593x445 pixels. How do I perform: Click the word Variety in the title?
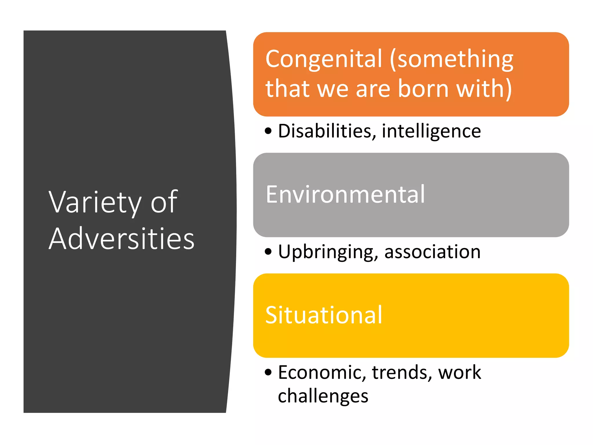[x=95, y=202]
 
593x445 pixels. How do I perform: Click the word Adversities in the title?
[x=122, y=239]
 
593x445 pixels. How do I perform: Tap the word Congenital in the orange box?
[x=324, y=59]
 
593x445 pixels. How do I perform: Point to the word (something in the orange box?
[x=451, y=59]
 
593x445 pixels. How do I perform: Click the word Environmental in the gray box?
[x=345, y=194]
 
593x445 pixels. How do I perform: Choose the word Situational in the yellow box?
[x=324, y=315]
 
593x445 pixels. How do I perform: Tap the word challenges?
[x=323, y=396]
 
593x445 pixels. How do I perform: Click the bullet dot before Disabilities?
[x=268, y=131]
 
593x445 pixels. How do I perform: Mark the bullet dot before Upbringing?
[x=268, y=251]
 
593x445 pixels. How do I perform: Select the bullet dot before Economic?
[x=268, y=372]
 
